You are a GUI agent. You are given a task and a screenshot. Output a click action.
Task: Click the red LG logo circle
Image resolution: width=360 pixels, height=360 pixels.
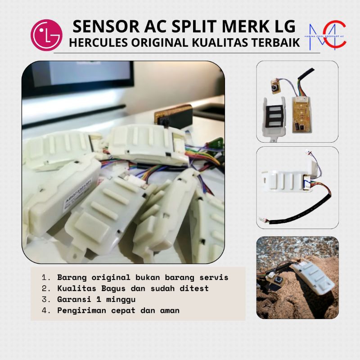click(x=47, y=35)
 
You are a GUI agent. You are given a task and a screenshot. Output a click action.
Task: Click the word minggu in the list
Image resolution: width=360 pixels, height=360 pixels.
click(x=113, y=299)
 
